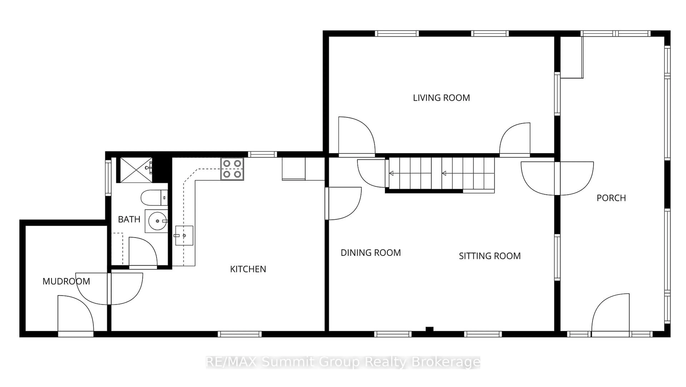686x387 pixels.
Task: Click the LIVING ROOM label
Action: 441,98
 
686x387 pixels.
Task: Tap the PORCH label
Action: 611,198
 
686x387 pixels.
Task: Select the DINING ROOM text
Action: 371,253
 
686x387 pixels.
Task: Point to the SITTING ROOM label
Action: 490,256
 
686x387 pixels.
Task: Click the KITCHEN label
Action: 248,269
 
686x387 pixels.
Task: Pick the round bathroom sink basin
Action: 158,221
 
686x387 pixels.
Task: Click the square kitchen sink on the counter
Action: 184,236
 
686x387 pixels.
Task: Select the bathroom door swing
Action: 143,252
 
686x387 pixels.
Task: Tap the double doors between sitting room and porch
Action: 557,178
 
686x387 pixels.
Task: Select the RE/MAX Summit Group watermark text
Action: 343,362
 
